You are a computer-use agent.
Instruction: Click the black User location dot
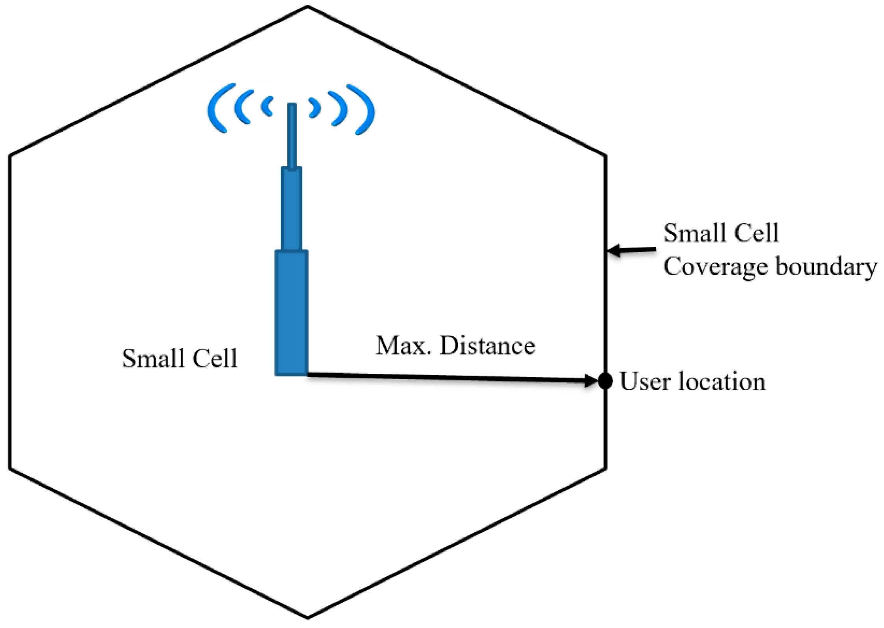605,381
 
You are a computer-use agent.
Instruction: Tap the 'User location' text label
693,382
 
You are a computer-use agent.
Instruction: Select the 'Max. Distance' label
455,346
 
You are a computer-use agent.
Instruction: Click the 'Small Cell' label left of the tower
180,358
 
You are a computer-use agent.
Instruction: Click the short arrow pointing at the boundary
632,250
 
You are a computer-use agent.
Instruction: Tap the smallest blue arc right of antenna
315,108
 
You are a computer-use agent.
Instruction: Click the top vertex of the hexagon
308,7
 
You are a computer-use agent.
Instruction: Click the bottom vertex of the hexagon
308,617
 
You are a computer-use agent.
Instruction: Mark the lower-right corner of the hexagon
605,468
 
